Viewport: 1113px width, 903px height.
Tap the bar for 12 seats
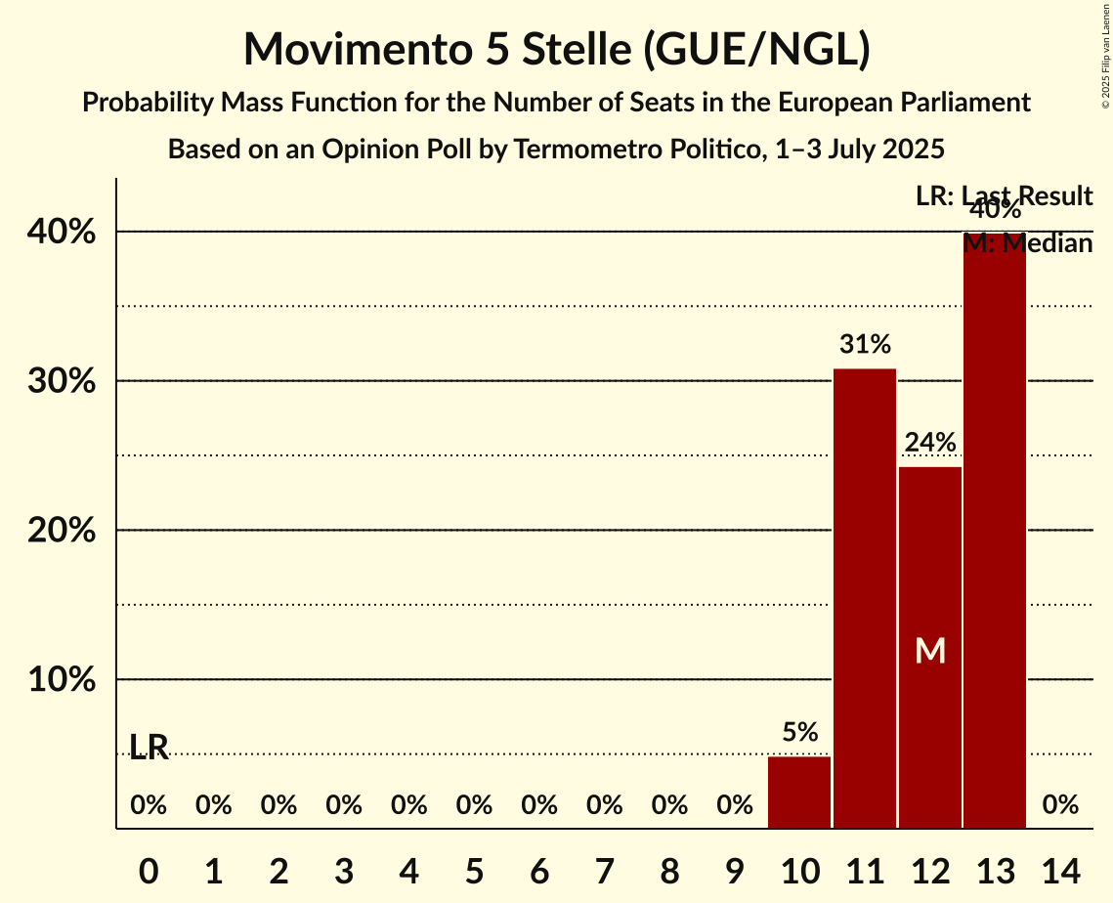pyautogui.click(x=930, y=586)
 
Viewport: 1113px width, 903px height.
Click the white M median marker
pyautogui.click(x=930, y=651)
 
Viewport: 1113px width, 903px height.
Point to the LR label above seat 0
pyautogui.click(x=149, y=748)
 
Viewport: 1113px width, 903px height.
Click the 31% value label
pyautogui.click(x=865, y=344)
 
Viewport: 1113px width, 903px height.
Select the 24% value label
pyautogui.click(x=930, y=443)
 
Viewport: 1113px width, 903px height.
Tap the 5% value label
pyautogui.click(x=799, y=732)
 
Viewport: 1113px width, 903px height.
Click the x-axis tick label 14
pyautogui.click(x=1060, y=870)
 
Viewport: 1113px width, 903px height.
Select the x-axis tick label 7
pyautogui.click(x=604, y=870)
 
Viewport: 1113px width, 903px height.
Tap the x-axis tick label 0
pyautogui.click(x=149, y=870)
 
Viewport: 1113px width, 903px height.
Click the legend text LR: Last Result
pyautogui.click(x=1004, y=196)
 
